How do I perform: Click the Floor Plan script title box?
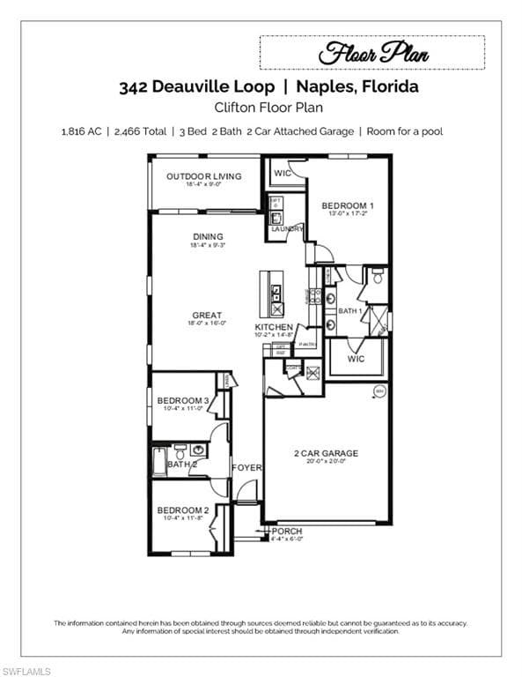[x=372, y=53]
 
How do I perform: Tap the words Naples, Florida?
[x=357, y=87]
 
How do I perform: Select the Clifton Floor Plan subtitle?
[x=261, y=108]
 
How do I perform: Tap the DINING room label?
[x=208, y=236]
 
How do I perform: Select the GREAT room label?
[x=207, y=315]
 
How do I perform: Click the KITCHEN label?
[x=274, y=327]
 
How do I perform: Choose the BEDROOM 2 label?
[x=182, y=510]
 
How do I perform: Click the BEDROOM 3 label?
[x=182, y=401]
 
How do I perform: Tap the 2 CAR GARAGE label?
[x=326, y=454]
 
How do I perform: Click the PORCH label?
[x=286, y=532]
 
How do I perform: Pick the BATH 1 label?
[x=349, y=311]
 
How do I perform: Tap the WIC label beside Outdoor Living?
[x=282, y=172]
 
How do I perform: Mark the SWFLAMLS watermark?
[x=26, y=671]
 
